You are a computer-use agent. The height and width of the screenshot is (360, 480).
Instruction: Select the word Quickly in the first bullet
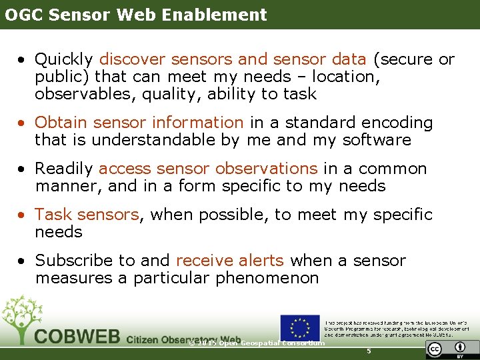pos(65,60)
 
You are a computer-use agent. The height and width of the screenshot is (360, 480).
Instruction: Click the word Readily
pos(65,169)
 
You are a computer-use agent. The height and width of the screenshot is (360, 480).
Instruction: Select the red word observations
pos(267,169)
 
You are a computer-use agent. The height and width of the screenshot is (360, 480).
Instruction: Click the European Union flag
pos(299,327)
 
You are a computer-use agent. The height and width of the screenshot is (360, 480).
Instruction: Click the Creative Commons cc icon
pos(435,349)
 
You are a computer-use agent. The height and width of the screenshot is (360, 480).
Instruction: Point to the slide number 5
pos(369,351)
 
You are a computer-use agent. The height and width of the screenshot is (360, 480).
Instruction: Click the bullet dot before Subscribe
pos(22,261)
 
